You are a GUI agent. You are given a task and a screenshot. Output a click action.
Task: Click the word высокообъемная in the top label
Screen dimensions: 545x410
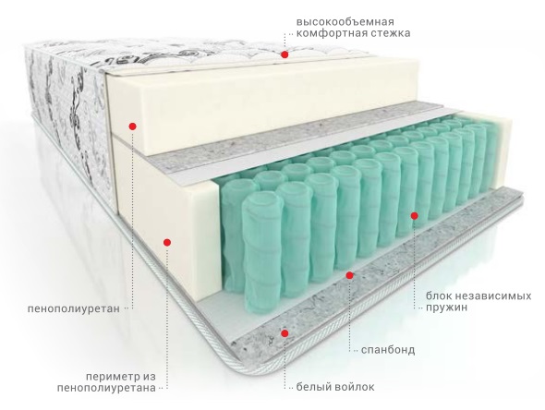pos(345,22)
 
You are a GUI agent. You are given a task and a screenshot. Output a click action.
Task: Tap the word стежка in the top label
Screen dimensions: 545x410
pos(391,33)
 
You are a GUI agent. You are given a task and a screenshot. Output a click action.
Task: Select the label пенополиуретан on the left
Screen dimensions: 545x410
pos(74,308)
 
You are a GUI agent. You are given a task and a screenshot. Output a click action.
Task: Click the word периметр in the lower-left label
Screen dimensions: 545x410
pos(111,377)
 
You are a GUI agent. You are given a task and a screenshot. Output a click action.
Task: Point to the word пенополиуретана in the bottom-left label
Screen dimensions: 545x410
pos(107,388)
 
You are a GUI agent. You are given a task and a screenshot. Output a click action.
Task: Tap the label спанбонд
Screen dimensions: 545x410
pos(388,349)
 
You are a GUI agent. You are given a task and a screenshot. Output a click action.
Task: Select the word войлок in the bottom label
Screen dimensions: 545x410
pos(354,387)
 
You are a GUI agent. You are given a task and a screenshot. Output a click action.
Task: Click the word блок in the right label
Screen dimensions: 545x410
pos(441,296)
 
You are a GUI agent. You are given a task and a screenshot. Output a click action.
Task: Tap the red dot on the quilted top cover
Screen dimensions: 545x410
pos(285,54)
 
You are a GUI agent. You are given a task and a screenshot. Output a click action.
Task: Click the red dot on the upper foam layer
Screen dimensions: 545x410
pos(132,127)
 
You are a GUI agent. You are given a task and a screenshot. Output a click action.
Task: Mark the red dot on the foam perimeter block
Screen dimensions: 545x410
pos(167,242)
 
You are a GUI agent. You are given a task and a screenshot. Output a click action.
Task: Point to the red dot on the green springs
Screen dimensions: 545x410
pos(415,216)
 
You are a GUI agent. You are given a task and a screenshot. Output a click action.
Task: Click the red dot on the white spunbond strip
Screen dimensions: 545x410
pos(350,275)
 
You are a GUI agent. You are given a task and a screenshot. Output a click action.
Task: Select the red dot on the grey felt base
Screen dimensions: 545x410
pos(285,333)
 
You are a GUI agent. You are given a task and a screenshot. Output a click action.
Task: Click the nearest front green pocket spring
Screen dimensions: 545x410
pos(261,254)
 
